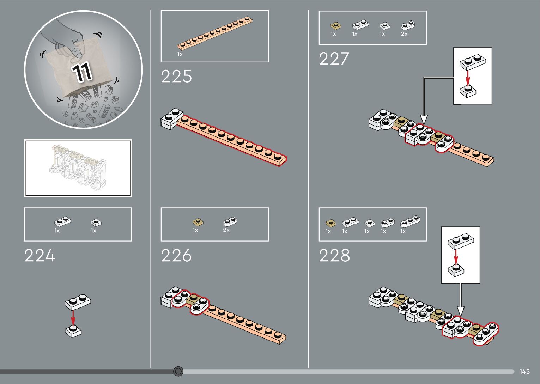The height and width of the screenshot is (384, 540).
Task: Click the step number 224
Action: coord(40,256)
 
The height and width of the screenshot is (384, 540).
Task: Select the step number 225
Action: coord(176,76)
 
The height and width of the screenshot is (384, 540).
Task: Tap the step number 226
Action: coord(176,256)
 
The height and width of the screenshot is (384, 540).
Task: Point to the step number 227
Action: coord(334,59)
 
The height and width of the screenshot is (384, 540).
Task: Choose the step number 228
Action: coord(334,256)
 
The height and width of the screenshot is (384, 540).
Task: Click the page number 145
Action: coord(524,372)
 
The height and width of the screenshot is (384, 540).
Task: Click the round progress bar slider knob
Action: coord(178,371)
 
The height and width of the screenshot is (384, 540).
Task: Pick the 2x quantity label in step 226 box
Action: coord(226,230)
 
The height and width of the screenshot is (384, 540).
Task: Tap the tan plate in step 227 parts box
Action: coord(336,26)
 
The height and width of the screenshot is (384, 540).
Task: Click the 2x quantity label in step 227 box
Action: coord(404,34)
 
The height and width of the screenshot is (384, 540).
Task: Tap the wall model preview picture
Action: coord(78,168)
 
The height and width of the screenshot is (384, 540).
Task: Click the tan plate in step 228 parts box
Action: coord(330,223)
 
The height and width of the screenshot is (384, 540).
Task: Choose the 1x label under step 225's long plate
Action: coord(180,55)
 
